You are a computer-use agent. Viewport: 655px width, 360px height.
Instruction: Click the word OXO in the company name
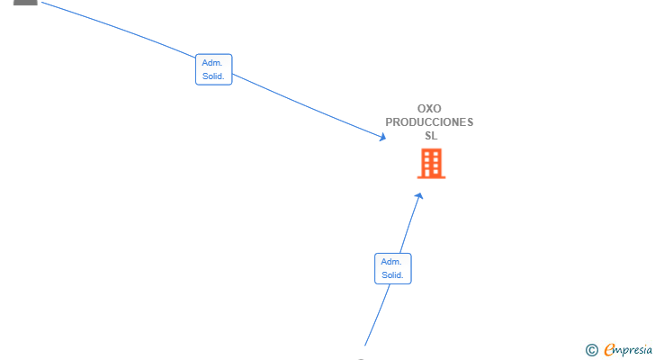429,109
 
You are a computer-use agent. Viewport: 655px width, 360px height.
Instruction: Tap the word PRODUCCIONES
429,121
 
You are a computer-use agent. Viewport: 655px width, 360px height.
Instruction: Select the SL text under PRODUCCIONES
431,136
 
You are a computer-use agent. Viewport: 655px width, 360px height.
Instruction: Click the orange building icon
432,164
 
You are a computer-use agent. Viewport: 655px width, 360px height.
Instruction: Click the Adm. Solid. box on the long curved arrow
214,69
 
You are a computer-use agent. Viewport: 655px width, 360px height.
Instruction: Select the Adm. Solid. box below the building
392,268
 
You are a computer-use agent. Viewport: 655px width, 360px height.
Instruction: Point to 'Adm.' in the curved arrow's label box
212,63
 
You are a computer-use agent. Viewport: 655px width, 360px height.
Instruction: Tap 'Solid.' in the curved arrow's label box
213,76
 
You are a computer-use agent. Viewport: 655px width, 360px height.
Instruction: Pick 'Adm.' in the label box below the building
391,262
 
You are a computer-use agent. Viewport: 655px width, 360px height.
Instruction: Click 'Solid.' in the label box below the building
392,275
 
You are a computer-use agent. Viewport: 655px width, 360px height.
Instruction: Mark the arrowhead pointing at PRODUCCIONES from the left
382,137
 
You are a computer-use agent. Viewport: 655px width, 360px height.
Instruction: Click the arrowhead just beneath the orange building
419,196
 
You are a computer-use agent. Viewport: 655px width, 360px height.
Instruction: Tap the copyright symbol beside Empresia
591,350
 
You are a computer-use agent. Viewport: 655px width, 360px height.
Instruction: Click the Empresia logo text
628,349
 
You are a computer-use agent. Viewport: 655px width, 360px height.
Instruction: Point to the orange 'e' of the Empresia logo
610,350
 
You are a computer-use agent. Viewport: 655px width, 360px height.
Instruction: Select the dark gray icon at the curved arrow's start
25,2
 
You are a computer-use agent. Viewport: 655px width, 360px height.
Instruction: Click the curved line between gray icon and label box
119,29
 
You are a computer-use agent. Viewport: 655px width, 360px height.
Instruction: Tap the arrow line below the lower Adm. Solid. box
377,315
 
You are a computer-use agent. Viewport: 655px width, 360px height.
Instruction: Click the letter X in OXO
429,109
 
